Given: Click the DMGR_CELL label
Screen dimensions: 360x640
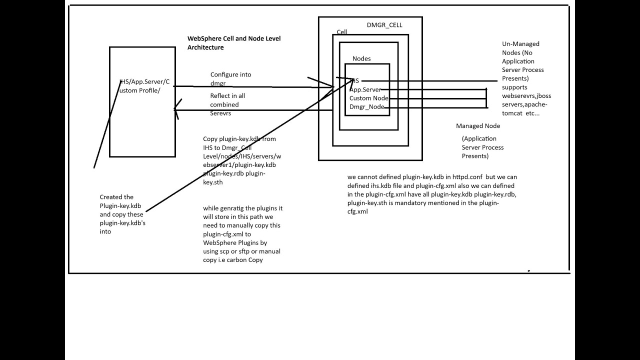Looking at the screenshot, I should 384,25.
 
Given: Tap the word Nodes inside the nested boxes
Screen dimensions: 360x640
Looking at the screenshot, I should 361,58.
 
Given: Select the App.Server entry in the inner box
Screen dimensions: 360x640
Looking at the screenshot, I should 365,89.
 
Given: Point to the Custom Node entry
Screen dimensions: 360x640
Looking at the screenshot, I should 368,98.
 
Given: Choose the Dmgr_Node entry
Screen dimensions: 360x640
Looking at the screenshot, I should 366,106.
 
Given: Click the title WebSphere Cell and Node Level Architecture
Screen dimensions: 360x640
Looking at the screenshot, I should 233,43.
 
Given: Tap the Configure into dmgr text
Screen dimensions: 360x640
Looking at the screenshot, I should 230,79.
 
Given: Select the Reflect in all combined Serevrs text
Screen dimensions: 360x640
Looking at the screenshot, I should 227,104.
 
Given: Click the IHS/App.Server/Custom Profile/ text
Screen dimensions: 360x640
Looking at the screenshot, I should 144,86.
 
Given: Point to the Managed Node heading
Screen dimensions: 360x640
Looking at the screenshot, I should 478,126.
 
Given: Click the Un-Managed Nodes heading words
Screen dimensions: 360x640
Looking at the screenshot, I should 520,48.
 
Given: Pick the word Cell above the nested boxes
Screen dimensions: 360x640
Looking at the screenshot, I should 342,32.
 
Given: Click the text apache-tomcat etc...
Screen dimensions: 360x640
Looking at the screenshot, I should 520,109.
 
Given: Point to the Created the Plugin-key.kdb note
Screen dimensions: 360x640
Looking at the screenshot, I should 122,214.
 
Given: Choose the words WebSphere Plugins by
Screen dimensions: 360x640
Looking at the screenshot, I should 235,242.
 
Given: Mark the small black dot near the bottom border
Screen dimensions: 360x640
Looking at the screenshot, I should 528,270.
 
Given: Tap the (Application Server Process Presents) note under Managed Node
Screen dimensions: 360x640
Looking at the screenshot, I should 482,147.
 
